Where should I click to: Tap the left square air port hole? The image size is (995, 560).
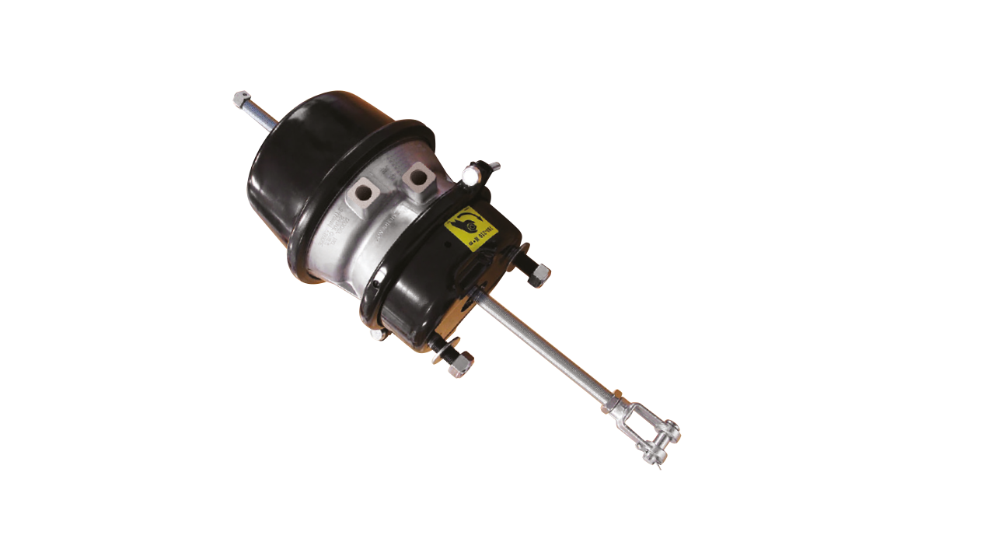(x=365, y=191)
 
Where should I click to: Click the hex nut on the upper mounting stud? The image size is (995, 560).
(x=539, y=275)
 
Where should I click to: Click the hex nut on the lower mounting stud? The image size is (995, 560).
(x=460, y=363)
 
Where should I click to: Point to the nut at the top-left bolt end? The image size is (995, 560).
(x=242, y=98)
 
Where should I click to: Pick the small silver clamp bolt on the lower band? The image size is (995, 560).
(x=376, y=334)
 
